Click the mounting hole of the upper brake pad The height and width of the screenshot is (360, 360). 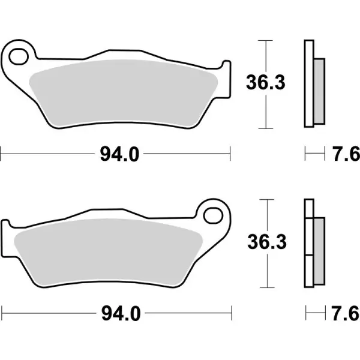tap(20, 55)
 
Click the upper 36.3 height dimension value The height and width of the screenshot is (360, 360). tap(265, 84)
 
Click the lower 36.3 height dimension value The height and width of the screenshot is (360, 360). tap(265, 242)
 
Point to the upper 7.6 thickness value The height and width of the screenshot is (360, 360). tap(345, 154)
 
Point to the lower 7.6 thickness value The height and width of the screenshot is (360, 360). tap(345, 313)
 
